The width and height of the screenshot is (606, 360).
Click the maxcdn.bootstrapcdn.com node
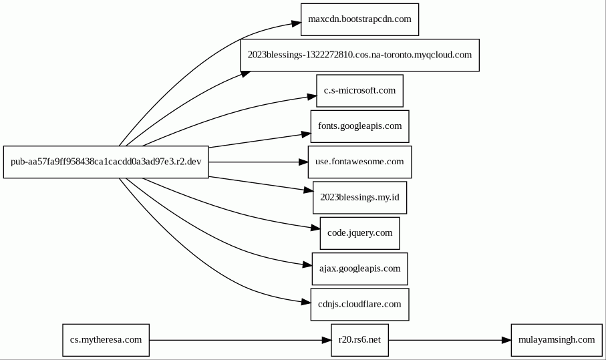pos(359,19)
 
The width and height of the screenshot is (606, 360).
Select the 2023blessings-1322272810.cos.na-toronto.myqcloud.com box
pos(359,55)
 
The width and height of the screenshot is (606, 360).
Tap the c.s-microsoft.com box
pos(359,91)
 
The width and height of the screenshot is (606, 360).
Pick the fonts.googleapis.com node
pos(359,126)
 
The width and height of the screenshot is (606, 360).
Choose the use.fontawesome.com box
pos(359,162)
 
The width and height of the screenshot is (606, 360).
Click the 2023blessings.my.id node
pos(359,198)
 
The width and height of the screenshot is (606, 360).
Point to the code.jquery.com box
pos(359,233)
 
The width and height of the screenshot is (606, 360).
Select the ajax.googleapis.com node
pos(359,269)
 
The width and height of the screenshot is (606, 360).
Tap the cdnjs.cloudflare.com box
pos(359,305)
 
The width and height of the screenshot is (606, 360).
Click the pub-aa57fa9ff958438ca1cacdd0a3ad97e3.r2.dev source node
pos(106,162)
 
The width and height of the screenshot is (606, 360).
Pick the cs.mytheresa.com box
pos(106,340)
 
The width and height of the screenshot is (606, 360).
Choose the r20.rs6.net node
pos(359,340)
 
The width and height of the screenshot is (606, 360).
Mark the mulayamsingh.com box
pos(557,340)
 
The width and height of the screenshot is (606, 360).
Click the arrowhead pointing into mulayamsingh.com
pos(506,341)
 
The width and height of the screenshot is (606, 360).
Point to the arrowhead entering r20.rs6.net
pos(327,341)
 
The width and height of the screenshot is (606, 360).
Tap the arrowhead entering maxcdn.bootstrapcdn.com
pos(297,23)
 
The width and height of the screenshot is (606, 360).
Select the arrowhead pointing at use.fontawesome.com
pos(303,162)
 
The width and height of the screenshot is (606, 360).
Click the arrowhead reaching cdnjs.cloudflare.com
pos(306,302)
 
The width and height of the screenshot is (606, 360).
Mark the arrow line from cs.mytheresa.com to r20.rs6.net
pos(235,341)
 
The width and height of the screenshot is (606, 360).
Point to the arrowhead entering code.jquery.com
pos(315,228)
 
